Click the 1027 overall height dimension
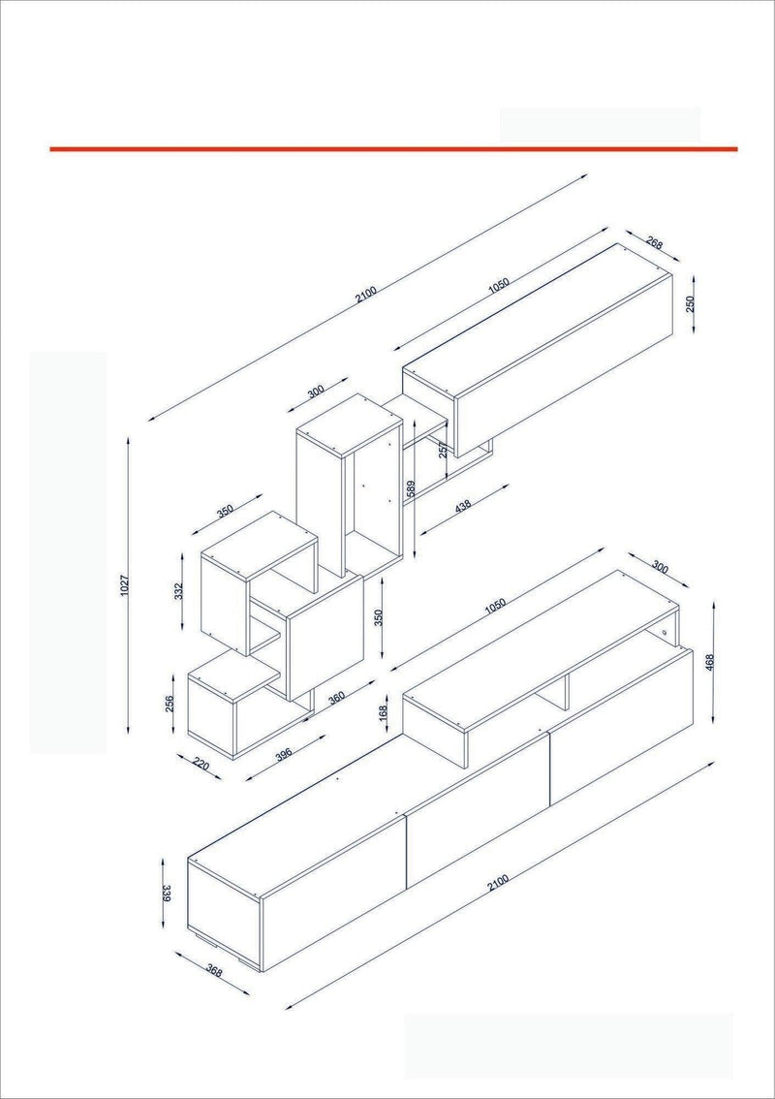click(125, 585)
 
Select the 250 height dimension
click(690, 303)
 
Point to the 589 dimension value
click(412, 488)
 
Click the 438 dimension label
click(463, 506)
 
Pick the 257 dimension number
click(443, 450)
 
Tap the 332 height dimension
click(178, 591)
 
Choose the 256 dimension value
click(170, 704)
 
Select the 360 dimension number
click(337, 698)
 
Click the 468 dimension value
click(709, 663)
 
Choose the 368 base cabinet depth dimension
click(214, 971)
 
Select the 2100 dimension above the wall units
click(366, 295)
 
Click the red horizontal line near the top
click(394, 148)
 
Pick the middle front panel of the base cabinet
click(478, 811)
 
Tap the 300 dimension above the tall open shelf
click(316, 392)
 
